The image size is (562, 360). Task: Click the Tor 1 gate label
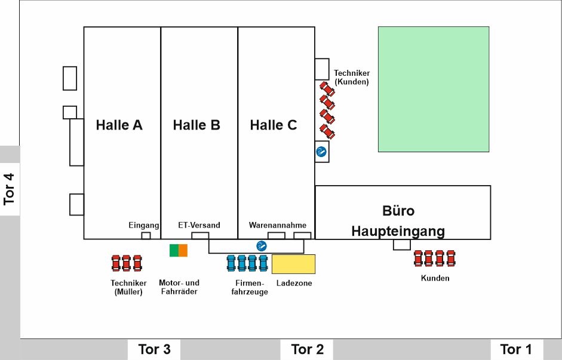515,349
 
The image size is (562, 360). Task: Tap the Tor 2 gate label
307,349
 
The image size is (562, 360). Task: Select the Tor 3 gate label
154,349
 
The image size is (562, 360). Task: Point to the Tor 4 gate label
10,189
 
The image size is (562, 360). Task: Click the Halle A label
119,125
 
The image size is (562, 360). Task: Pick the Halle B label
196,125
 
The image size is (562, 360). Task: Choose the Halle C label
274,125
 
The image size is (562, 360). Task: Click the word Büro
398,211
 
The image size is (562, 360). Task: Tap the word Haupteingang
398,231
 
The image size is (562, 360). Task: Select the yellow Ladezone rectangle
293,264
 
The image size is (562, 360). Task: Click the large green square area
434,89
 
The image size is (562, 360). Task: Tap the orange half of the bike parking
183,250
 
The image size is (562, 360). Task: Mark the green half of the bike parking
174,250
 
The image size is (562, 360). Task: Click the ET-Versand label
199,225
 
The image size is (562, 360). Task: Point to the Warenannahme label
277,225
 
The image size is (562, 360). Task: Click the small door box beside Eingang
146,236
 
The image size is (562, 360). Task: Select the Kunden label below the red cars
435,278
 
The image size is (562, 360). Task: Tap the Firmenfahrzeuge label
250,287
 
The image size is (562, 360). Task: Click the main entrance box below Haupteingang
402,245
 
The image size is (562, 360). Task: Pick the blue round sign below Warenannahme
261,245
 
